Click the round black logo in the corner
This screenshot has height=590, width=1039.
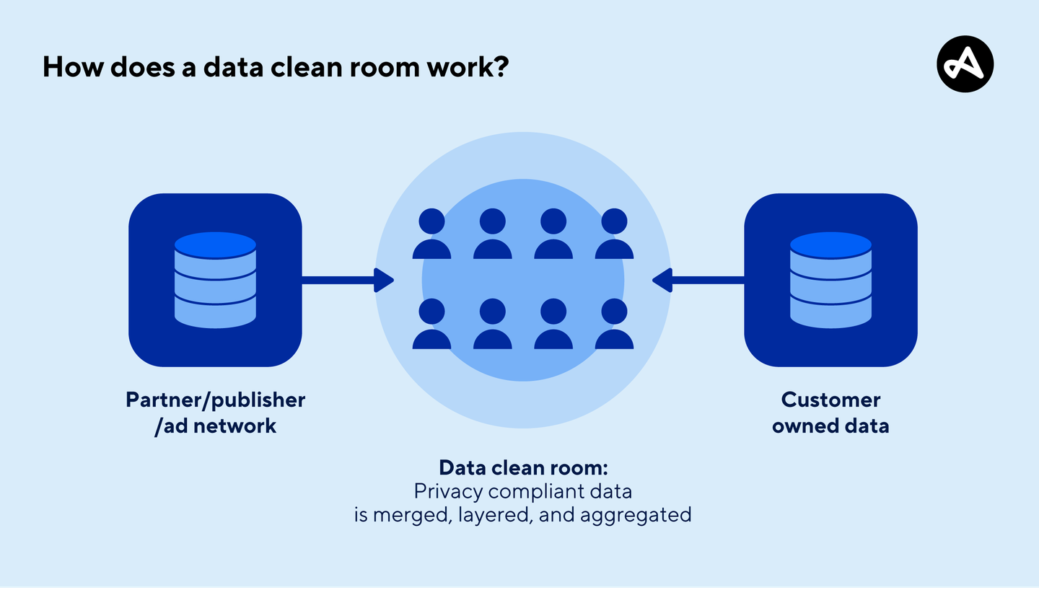(x=965, y=64)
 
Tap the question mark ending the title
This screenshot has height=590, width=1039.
(x=500, y=67)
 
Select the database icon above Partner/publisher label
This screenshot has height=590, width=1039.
(x=215, y=280)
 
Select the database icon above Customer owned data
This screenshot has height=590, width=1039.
(x=830, y=280)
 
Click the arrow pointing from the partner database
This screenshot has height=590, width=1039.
(x=347, y=280)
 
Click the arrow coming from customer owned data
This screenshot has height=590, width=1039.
(x=698, y=280)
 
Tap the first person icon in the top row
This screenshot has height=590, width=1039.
(x=431, y=234)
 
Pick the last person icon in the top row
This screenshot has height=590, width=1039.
(x=614, y=234)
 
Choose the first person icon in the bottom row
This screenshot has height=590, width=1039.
(x=431, y=325)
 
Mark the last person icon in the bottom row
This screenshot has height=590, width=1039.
(x=614, y=325)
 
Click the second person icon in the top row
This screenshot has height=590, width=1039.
(x=493, y=234)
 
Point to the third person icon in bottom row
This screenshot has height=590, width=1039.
(x=553, y=325)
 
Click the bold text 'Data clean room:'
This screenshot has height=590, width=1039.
(x=524, y=467)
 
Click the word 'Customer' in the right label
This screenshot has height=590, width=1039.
(x=830, y=400)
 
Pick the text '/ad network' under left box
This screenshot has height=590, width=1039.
(x=215, y=426)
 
